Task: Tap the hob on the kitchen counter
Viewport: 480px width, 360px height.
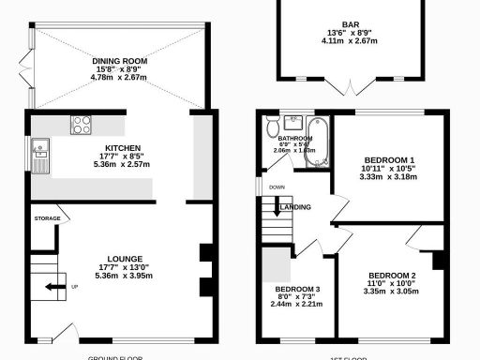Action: [81, 124]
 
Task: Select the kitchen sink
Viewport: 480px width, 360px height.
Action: [41, 151]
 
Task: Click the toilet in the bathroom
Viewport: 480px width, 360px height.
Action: [272, 126]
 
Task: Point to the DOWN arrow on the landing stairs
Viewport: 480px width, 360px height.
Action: [277, 187]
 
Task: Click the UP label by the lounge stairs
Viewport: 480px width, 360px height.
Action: [74, 287]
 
